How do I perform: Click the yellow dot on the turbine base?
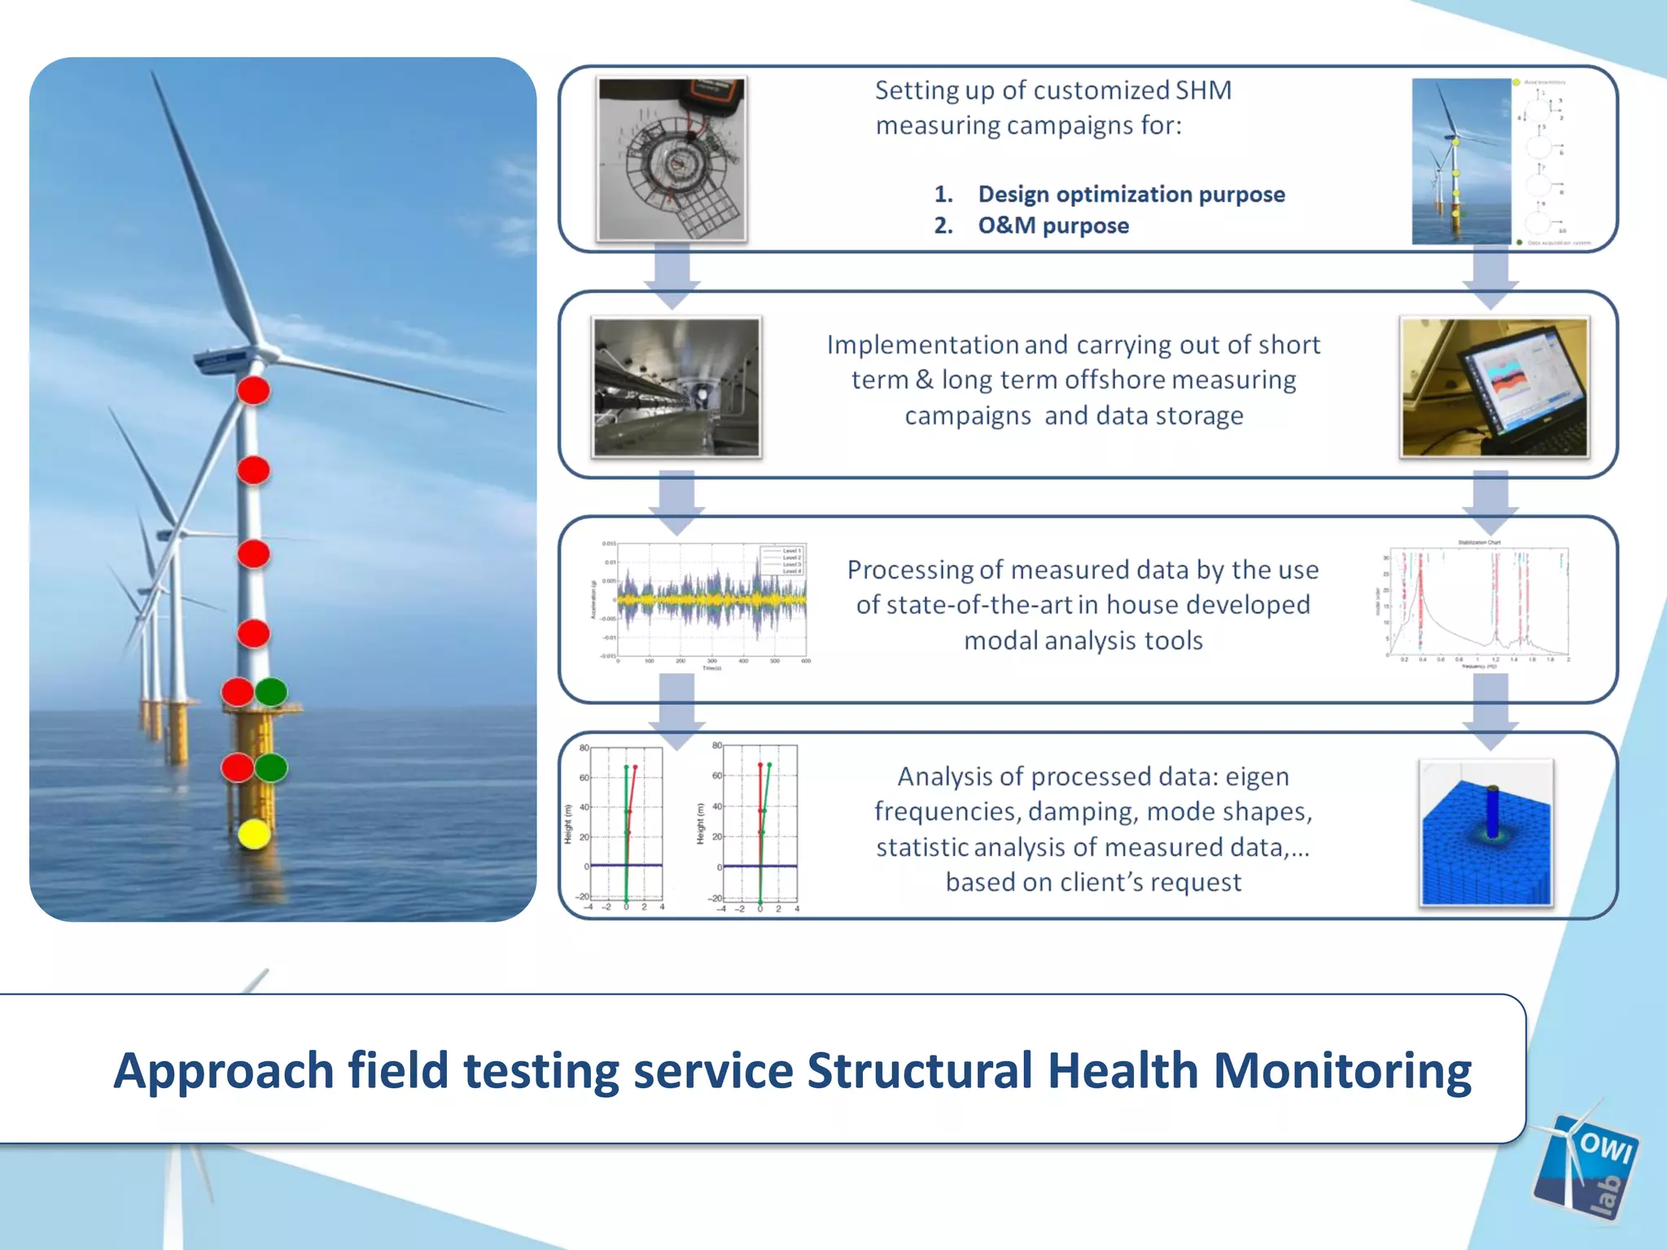pos(254,834)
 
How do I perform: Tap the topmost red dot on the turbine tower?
pos(254,391)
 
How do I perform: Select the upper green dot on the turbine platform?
pos(271,692)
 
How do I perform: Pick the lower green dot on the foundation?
pos(271,767)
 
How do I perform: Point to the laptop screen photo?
pos(1494,387)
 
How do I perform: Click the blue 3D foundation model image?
pos(1486,833)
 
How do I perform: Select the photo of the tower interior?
pos(676,387)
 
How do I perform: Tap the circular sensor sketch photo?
pos(672,159)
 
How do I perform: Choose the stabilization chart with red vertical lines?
pos(1477,604)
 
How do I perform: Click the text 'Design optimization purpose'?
pos(1131,194)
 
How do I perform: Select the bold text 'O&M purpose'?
pos(1053,225)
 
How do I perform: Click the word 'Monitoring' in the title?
pos(1342,1070)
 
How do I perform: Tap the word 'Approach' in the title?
pos(224,1072)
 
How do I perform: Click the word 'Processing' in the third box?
pos(909,570)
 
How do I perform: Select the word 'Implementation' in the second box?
pos(922,345)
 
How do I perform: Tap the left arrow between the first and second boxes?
pos(672,277)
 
